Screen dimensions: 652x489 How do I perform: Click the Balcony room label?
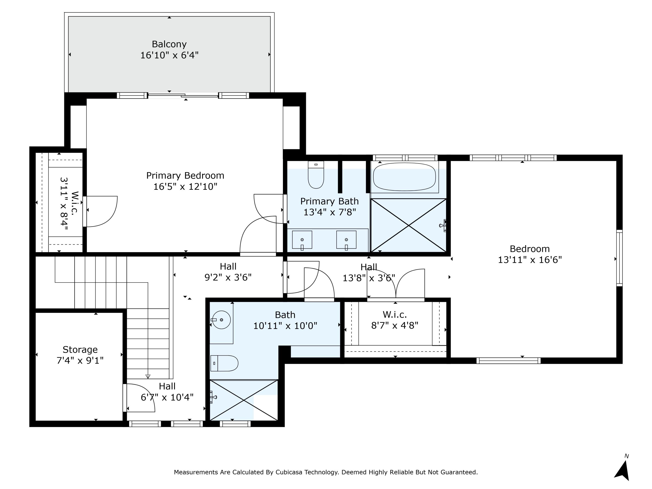coord(169,44)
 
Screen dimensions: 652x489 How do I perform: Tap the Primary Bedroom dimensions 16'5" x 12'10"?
coord(185,186)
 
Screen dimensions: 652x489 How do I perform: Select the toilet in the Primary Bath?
coord(316,175)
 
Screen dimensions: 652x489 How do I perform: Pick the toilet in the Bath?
coord(224,363)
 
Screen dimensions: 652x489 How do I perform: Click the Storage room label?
coord(80,349)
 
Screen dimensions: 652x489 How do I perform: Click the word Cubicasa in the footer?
coord(289,472)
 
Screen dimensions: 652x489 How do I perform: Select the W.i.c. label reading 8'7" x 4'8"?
coord(395,325)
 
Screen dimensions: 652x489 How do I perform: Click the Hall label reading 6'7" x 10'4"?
coord(167,397)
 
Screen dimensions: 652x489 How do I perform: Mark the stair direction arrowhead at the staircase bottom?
coord(148,376)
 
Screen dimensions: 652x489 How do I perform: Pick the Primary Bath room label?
coord(329,201)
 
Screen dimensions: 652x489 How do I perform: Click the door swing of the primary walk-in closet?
coord(102,211)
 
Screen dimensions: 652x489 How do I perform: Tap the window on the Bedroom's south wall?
coord(509,361)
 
